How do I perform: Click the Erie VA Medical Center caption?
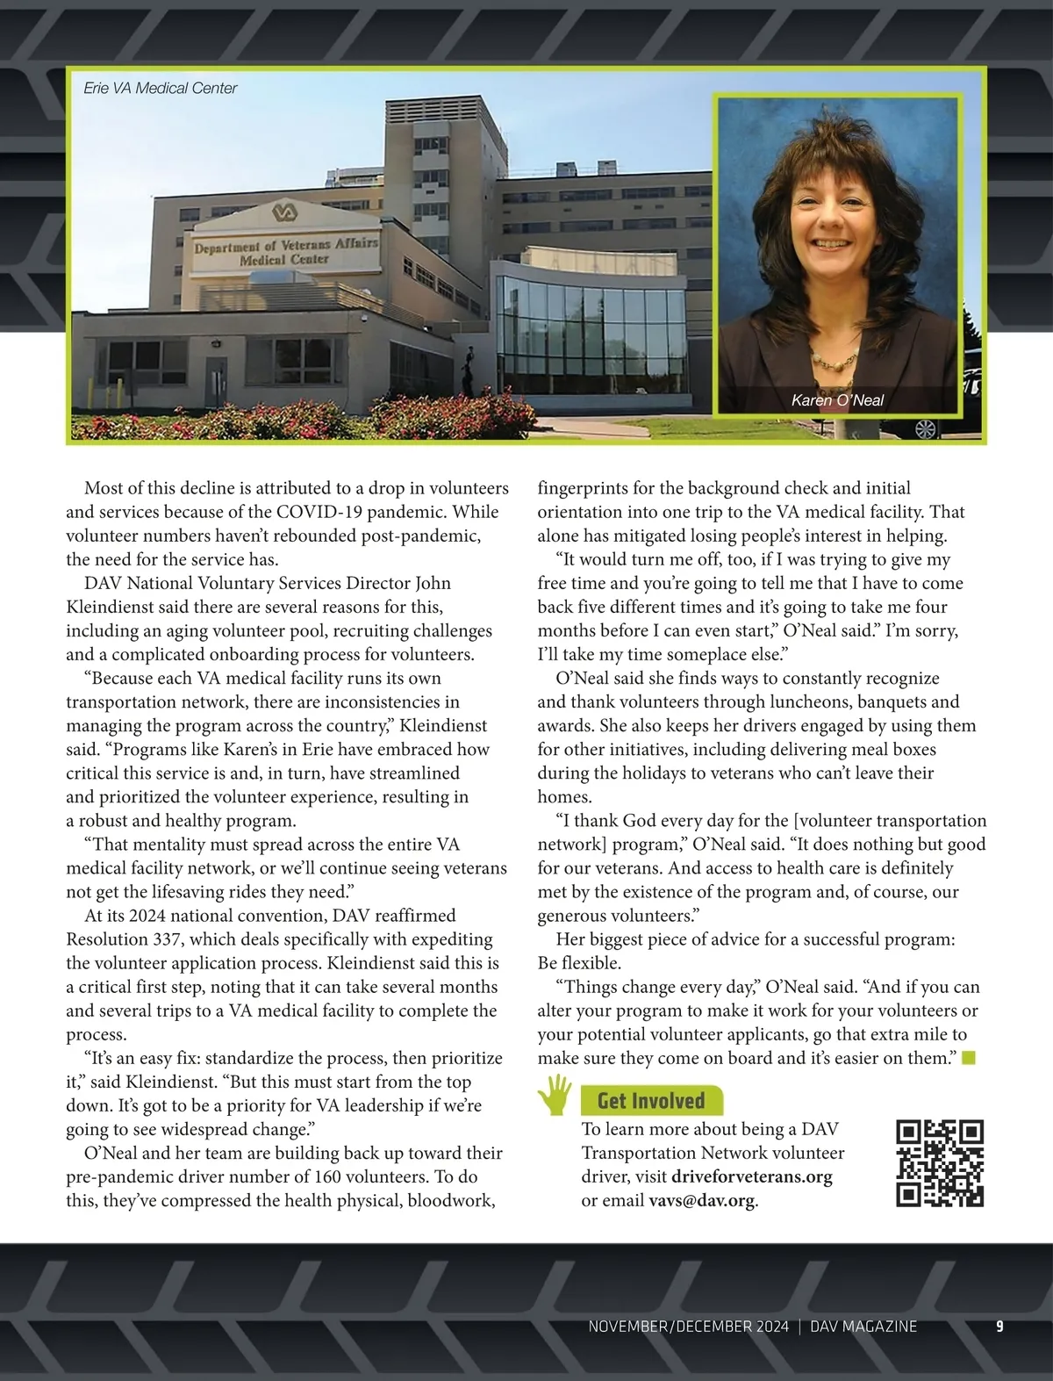[161, 88]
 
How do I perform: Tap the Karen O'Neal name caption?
[837, 400]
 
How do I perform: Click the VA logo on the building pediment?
[283, 213]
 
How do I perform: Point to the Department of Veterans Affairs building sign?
[286, 252]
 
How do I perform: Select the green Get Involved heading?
[651, 1101]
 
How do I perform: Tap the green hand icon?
[555, 1095]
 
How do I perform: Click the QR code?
[940, 1163]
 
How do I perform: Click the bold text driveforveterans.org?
[751, 1176]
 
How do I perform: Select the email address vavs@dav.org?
[701, 1200]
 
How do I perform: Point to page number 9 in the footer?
[999, 1327]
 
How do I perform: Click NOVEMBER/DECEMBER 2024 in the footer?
[688, 1327]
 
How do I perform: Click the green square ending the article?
[969, 1058]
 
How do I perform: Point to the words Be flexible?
[579, 963]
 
